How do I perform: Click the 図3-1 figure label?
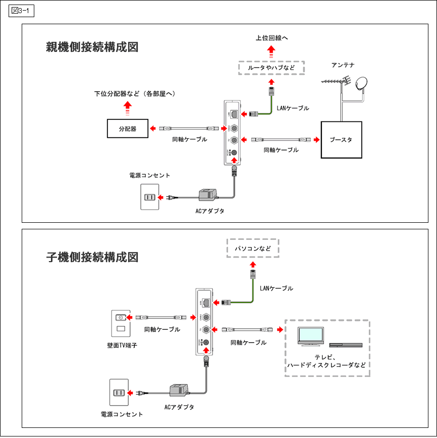(21, 11)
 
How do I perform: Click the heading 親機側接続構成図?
(92, 47)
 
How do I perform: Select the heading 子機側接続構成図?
(92, 257)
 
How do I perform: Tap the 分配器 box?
(128, 129)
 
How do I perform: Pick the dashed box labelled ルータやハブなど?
(271, 67)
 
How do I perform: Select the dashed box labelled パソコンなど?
(252, 248)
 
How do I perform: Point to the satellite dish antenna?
(362, 84)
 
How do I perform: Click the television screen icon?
(311, 336)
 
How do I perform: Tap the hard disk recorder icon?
(346, 345)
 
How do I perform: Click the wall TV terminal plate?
(120, 323)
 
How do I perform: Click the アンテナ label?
(343, 65)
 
